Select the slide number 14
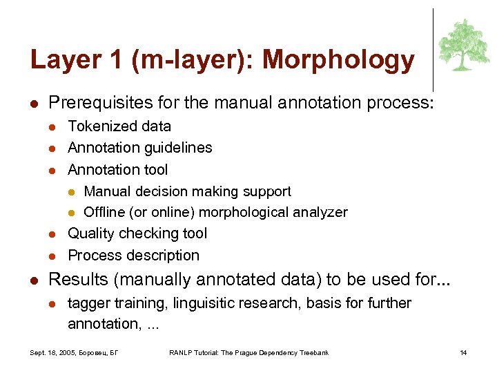(464, 353)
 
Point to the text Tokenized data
(119, 126)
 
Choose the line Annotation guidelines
(140, 148)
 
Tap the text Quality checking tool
(137, 233)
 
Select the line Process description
(133, 255)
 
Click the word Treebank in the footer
(314, 353)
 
